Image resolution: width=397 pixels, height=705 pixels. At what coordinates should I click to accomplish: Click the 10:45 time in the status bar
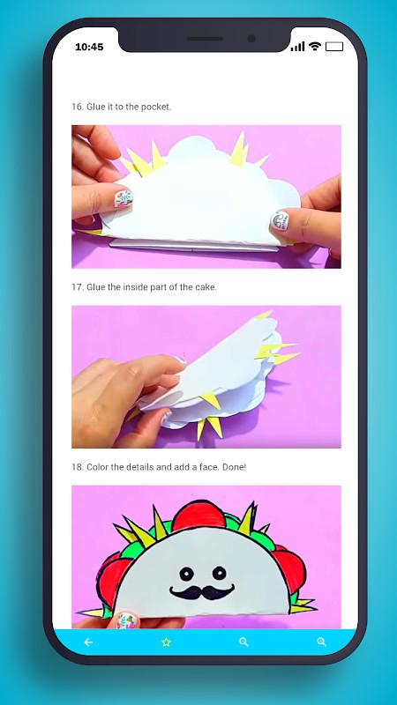tap(89, 47)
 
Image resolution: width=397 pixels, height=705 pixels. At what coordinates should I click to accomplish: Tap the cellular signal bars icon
tap(297, 46)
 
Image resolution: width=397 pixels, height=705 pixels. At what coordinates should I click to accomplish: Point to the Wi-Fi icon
tap(315, 46)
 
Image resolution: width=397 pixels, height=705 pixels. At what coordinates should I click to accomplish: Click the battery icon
tap(333, 46)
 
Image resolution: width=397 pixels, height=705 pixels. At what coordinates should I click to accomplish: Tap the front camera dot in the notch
tap(251, 39)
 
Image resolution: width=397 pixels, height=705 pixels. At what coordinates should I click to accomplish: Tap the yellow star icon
tap(166, 642)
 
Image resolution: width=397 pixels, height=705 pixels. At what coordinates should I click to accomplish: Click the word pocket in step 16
tap(154, 107)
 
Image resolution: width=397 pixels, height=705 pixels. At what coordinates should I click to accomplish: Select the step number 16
tap(77, 107)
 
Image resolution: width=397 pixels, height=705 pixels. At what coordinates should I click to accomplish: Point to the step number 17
tap(77, 287)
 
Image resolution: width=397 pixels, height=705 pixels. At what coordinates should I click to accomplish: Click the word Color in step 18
tap(99, 467)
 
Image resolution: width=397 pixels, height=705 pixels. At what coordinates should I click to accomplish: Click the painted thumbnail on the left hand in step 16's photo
tap(124, 198)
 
